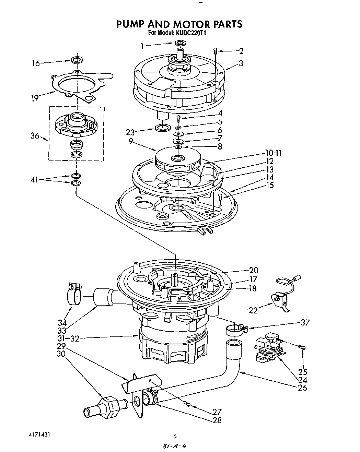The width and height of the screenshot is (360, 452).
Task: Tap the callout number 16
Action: coord(36,63)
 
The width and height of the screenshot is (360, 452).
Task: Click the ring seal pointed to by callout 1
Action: coord(180,43)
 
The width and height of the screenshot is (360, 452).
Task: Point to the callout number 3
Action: coord(241,63)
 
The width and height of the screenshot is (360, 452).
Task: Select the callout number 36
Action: coord(35,136)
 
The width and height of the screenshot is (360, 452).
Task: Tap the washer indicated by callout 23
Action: coord(162,128)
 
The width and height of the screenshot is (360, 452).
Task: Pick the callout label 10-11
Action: coord(273,153)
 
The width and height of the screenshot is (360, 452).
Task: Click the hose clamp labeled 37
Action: coord(236,330)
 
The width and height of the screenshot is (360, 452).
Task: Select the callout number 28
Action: coord(217,420)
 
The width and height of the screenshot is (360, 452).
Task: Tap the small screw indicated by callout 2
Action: coord(215,51)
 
